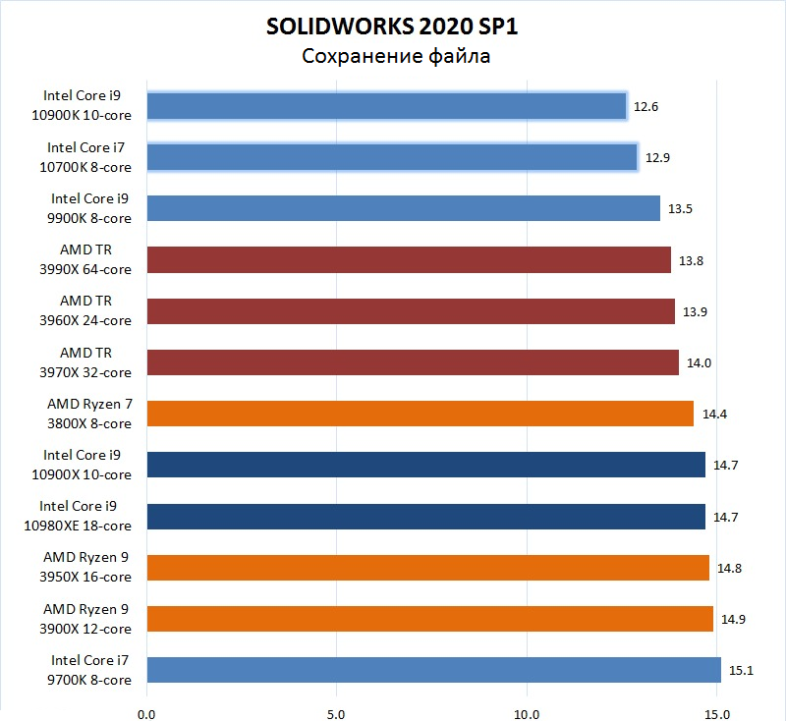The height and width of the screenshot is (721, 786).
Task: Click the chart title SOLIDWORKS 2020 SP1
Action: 392,27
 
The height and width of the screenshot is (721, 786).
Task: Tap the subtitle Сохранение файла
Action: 395,56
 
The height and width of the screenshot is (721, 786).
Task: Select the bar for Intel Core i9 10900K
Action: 387,106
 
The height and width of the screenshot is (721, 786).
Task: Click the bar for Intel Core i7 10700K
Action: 392,157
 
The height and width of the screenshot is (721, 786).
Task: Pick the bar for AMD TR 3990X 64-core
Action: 409,259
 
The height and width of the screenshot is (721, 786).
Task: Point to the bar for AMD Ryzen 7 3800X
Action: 421,414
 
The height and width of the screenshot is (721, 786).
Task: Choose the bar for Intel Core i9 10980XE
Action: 425,517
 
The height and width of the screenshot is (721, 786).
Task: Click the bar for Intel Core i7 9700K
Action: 433,670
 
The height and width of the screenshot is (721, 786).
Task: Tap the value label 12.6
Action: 646,106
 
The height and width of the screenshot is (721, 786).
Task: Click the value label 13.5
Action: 680,208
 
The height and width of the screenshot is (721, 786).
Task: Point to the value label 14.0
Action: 699,362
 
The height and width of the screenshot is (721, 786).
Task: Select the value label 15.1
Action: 740,670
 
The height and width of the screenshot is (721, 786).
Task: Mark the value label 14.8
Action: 729,568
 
